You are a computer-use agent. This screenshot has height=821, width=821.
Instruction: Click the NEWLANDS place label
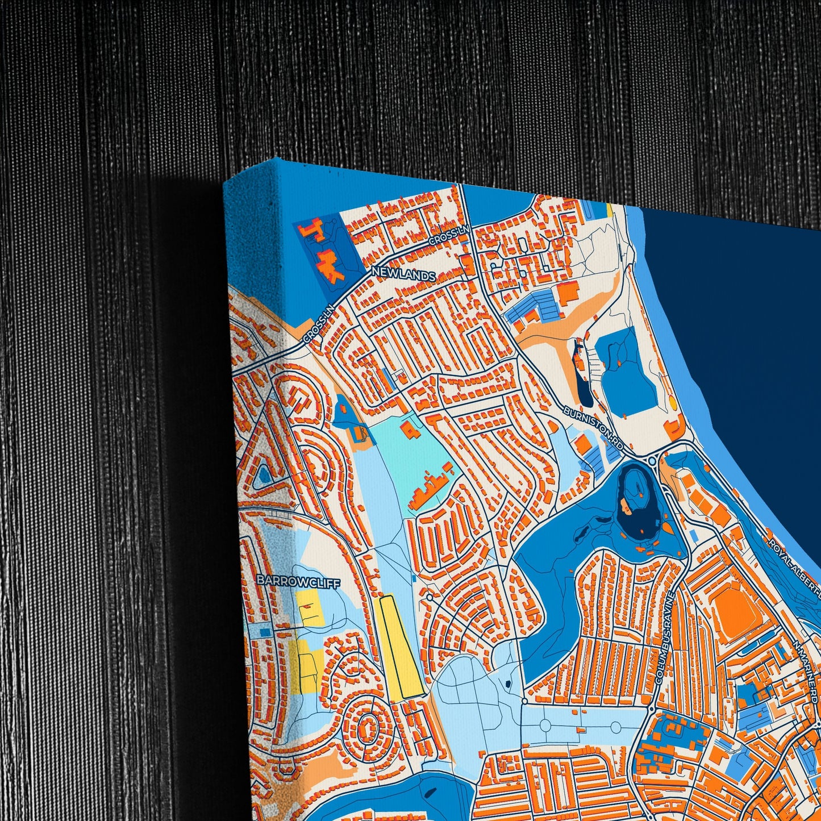pyautogui.click(x=403, y=275)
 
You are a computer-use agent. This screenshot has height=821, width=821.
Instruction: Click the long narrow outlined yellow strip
pyautogui.click(x=401, y=646)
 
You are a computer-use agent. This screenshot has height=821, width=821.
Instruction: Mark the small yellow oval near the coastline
pyautogui.click(x=673, y=403)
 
